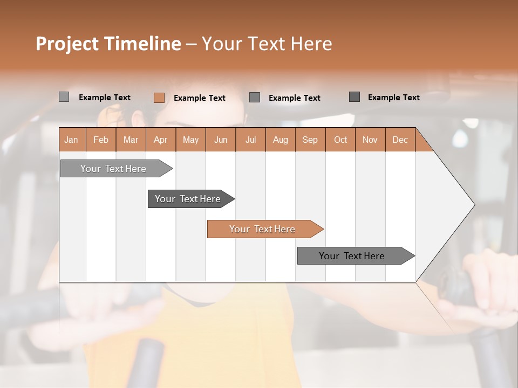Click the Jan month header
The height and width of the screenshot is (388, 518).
point(71,140)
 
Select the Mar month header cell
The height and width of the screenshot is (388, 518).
point(131,140)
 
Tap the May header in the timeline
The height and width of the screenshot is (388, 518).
point(190,140)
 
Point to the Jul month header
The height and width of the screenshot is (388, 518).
point(250,140)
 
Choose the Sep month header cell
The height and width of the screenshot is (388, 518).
point(310,140)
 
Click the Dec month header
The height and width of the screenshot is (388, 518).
point(400,140)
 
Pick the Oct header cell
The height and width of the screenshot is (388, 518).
point(340,140)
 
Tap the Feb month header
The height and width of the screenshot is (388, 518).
point(101,140)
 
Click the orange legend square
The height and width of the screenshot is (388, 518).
point(159,98)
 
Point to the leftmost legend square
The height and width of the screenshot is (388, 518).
point(64,97)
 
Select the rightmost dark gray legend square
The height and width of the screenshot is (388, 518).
point(355,97)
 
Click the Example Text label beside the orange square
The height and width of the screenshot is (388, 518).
point(200,98)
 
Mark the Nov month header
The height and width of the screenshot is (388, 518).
point(370,140)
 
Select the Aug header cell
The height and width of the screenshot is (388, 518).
point(281,140)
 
